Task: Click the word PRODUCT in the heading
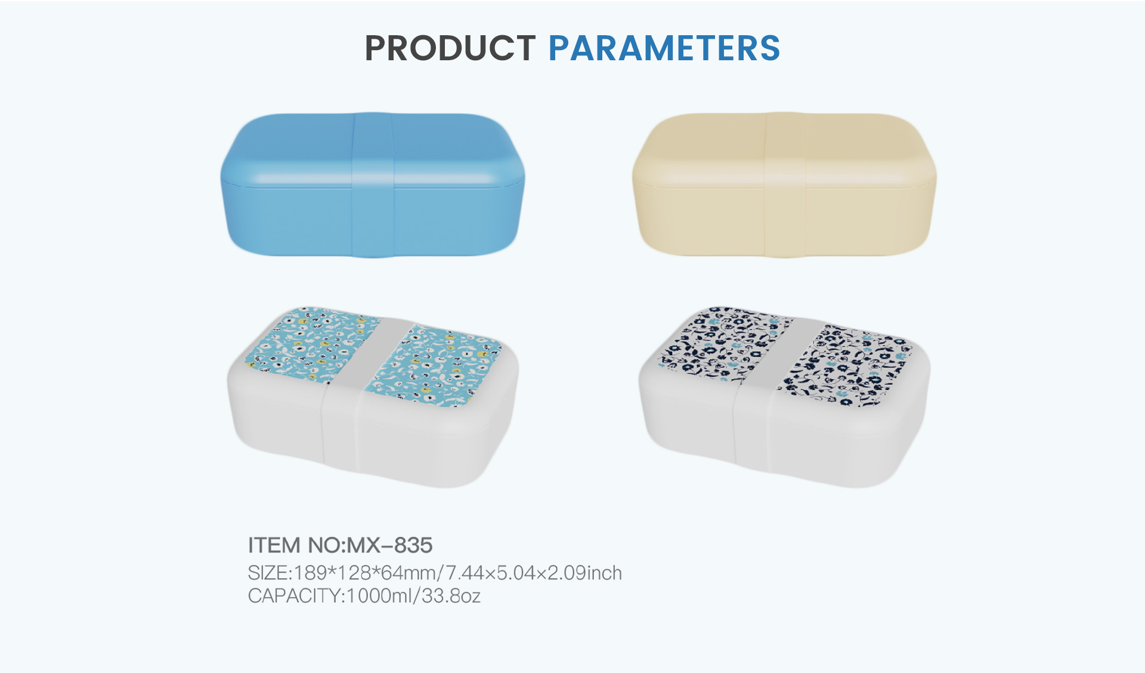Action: tap(450, 48)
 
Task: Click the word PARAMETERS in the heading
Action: tap(664, 48)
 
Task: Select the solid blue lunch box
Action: tap(373, 185)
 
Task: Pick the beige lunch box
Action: tap(784, 185)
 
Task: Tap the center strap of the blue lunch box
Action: tap(373, 185)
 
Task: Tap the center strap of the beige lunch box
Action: tap(785, 185)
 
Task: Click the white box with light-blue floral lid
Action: tap(373, 397)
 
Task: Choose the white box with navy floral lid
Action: tap(784, 397)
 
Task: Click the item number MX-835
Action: tap(389, 545)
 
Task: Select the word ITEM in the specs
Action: tap(274, 545)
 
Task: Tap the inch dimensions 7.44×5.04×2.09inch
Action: tap(534, 573)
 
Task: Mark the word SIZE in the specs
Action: tap(268, 573)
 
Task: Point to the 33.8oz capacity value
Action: tap(451, 596)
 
